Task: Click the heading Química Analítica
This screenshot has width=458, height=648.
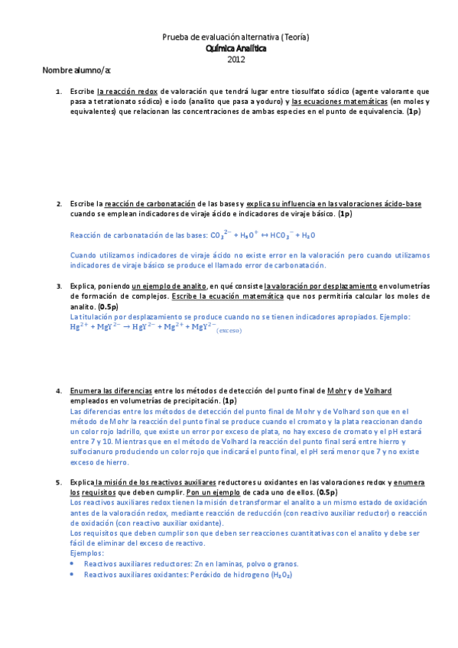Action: (x=236, y=47)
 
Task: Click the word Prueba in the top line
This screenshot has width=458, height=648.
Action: (x=175, y=37)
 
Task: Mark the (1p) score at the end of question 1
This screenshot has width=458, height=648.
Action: (x=413, y=112)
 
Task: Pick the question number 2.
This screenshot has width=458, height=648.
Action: (x=59, y=204)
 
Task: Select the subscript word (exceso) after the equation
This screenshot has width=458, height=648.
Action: (x=229, y=330)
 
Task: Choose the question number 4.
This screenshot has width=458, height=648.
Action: (x=59, y=390)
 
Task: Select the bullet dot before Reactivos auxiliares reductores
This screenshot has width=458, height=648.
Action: (x=72, y=562)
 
